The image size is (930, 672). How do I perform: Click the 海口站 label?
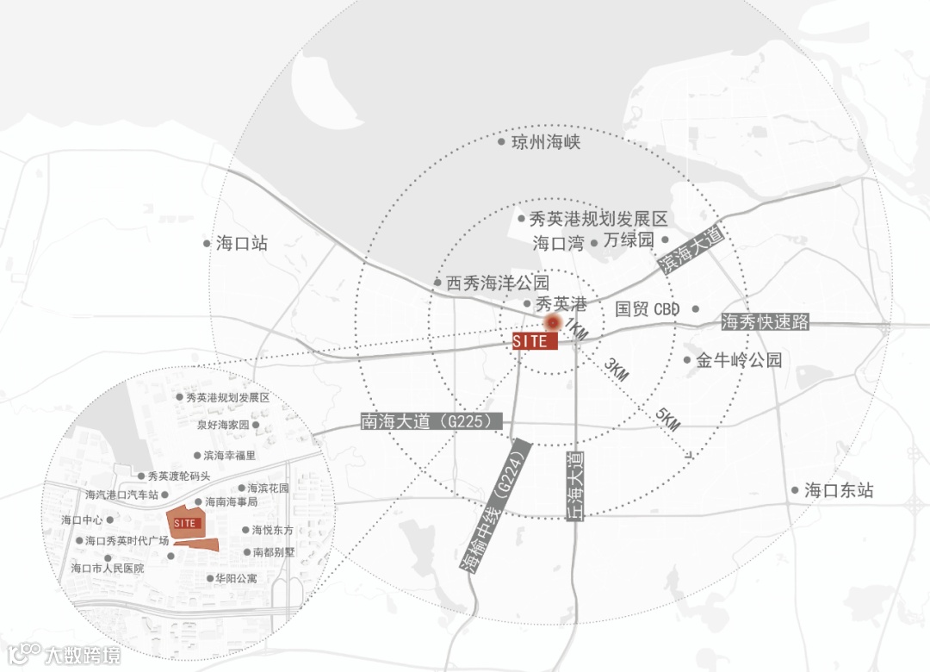tap(242, 244)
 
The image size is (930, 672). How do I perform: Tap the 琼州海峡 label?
tap(546, 141)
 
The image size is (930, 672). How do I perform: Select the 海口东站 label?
tap(839, 491)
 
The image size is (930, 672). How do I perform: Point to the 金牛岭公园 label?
tap(739, 360)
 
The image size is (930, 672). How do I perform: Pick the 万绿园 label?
tap(629, 241)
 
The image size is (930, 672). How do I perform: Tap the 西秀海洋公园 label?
tap(498, 283)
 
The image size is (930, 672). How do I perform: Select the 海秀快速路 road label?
tap(765, 322)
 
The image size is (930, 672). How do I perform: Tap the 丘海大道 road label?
tap(574, 484)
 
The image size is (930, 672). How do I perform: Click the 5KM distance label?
tap(667, 420)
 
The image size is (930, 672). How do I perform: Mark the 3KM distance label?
tap(617, 370)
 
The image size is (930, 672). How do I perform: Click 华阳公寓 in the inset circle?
tap(237, 579)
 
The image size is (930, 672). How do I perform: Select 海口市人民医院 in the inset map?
tap(108, 569)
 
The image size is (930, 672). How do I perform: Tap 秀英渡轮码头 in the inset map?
tap(178, 476)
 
